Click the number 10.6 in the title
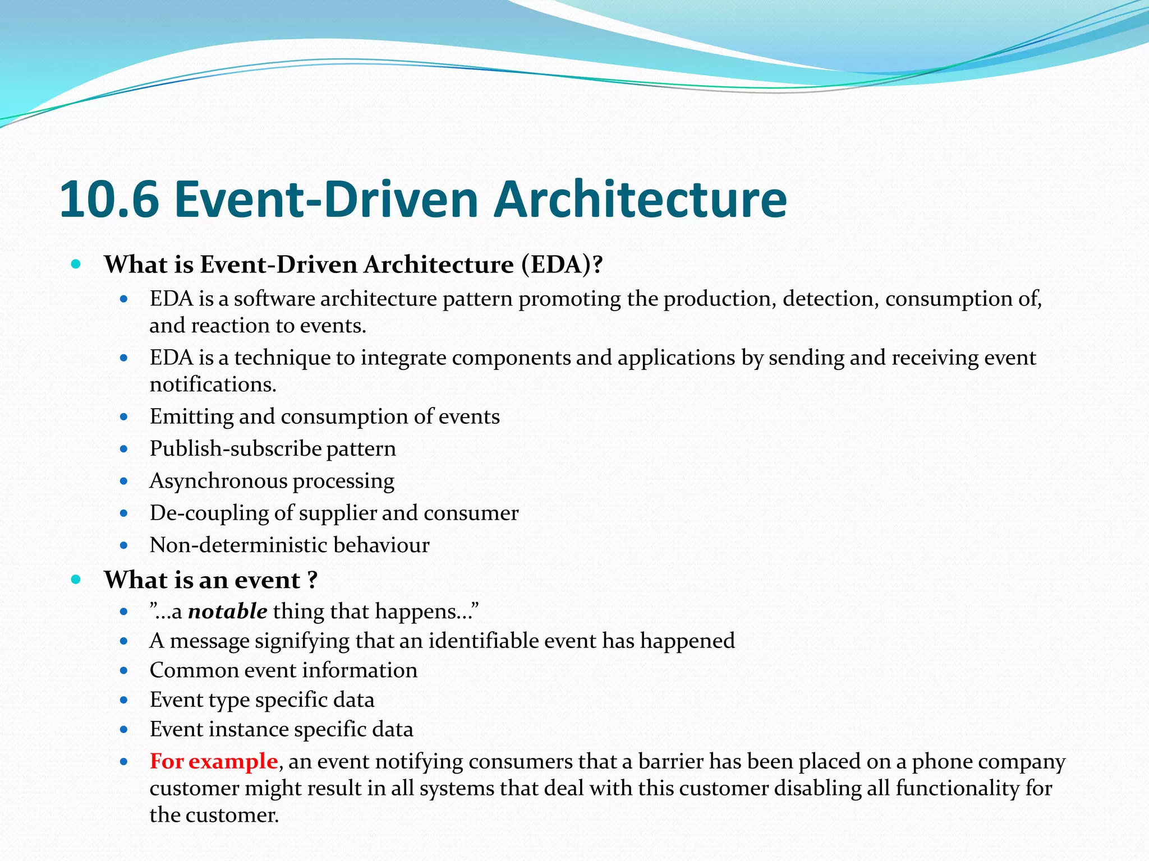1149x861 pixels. (x=109, y=200)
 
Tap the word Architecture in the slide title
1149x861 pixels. (x=640, y=200)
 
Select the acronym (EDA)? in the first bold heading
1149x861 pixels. (x=562, y=265)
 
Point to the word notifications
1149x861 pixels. (x=213, y=385)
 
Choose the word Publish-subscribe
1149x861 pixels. (x=235, y=449)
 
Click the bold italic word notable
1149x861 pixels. (x=227, y=611)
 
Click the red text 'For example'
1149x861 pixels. (x=214, y=761)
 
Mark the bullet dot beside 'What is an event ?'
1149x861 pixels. (x=76, y=580)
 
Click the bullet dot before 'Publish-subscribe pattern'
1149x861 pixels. (x=124, y=449)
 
